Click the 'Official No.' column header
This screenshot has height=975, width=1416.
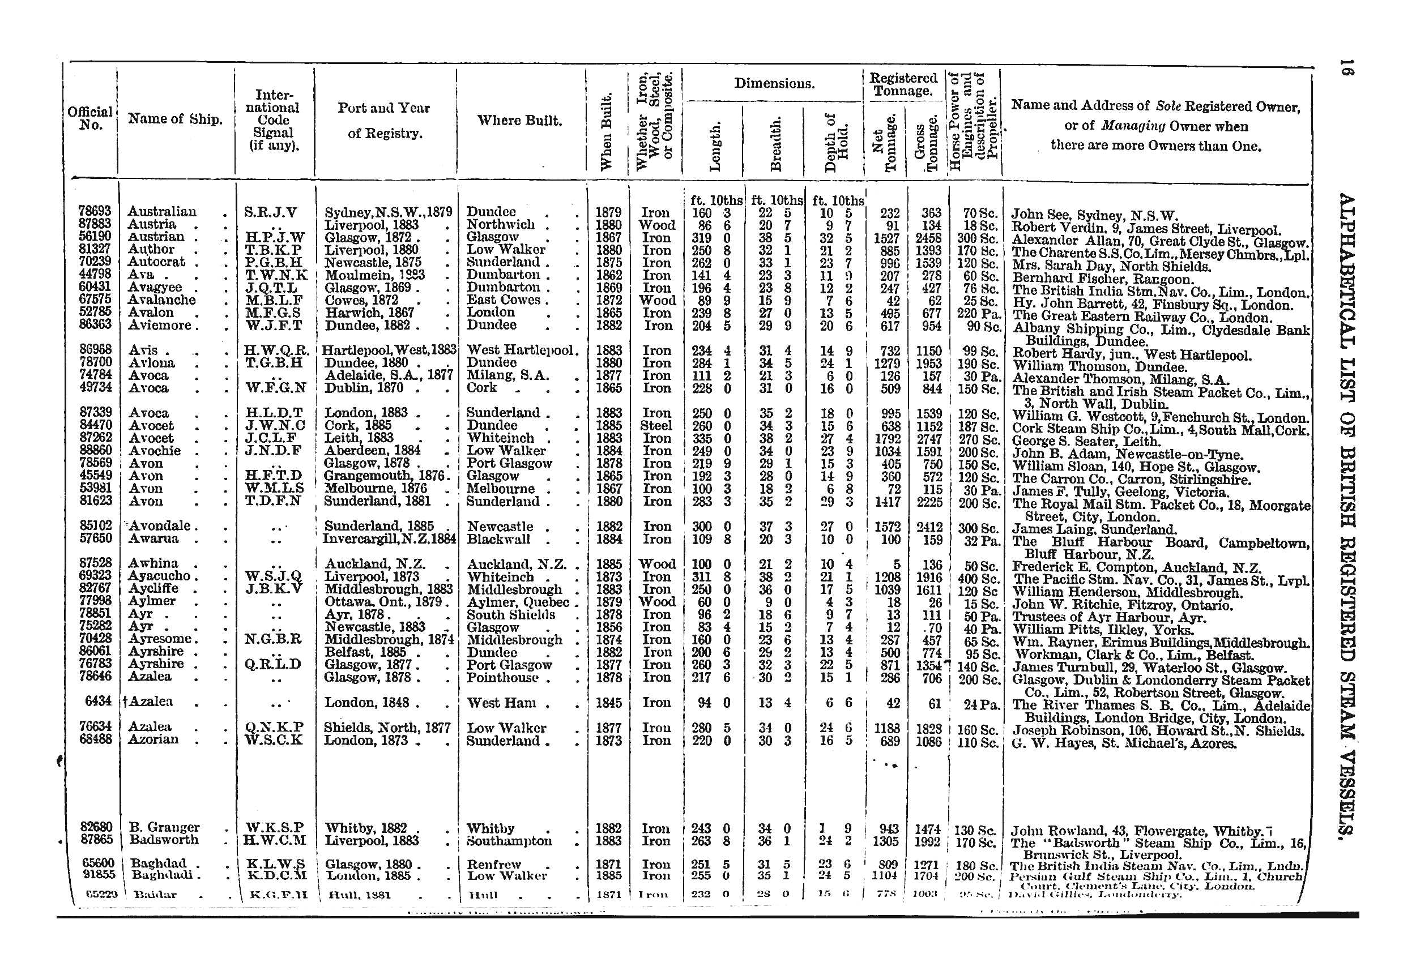[90, 118]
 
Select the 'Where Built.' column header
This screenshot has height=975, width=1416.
[519, 121]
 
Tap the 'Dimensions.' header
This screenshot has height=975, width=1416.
[774, 84]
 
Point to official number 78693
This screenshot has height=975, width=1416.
[95, 211]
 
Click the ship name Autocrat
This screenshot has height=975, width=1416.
[156, 262]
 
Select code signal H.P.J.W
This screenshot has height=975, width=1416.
[274, 237]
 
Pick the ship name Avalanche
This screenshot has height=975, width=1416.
[162, 300]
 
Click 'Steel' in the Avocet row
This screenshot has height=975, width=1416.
[656, 426]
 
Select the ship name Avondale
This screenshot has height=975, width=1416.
[160, 526]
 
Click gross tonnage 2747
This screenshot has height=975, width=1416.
[928, 439]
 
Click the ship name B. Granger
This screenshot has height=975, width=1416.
[164, 828]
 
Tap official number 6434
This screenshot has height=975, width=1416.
[98, 702]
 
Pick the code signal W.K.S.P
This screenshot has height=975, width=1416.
[274, 828]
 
